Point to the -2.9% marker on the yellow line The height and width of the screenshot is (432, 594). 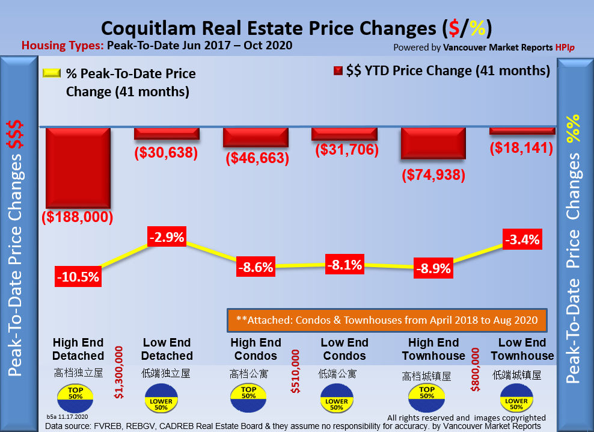pos(165,237)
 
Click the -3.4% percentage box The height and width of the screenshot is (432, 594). pos(522,241)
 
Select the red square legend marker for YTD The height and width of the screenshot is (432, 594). pos(338,71)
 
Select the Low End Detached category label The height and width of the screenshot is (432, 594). pos(167,349)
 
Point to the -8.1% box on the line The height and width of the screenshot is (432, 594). pos(344,265)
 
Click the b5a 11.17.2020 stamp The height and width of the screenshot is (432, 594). pos(68,416)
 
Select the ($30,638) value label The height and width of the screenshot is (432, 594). pos(166,153)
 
